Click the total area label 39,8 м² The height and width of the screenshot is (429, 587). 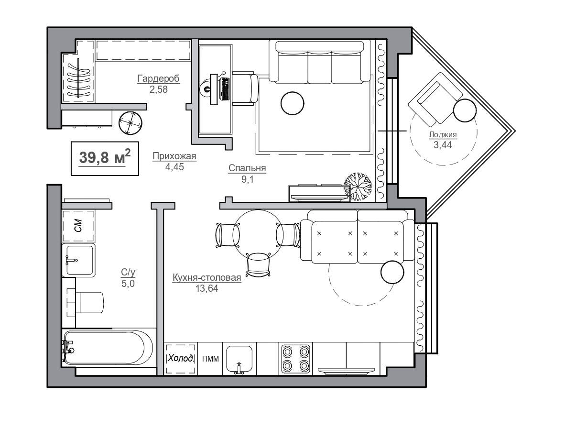pyautogui.click(x=105, y=158)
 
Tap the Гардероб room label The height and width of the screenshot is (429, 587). pyautogui.click(x=159, y=78)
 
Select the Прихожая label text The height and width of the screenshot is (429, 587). pyautogui.click(x=174, y=156)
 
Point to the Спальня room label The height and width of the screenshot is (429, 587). pyautogui.click(x=247, y=168)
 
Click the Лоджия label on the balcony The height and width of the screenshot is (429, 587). pyautogui.click(x=443, y=134)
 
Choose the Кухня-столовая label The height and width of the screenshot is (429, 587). pyautogui.click(x=207, y=277)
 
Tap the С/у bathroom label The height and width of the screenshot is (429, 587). pyautogui.click(x=128, y=273)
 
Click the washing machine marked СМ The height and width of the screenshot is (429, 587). pyautogui.click(x=78, y=226)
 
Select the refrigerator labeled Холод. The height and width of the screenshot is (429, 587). pyautogui.click(x=181, y=359)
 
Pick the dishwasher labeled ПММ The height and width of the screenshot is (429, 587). pyautogui.click(x=210, y=359)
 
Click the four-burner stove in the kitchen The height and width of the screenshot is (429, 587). pyautogui.click(x=295, y=359)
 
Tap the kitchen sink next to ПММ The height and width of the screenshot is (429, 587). pyautogui.click(x=239, y=359)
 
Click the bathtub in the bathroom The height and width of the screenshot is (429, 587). pyautogui.click(x=108, y=348)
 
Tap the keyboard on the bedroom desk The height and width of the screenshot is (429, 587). pyautogui.click(x=224, y=89)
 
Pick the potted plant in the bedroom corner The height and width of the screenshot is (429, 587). pyautogui.click(x=358, y=187)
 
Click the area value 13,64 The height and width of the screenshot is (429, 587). pyautogui.click(x=207, y=288)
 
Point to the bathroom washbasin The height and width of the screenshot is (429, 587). pyautogui.click(x=78, y=260)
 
